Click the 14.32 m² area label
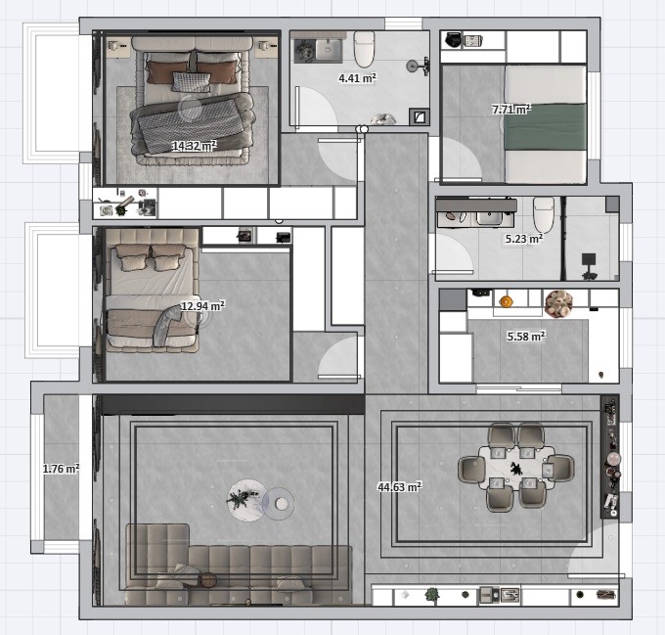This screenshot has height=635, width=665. click(195, 146)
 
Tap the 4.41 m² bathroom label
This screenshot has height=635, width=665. click(357, 78)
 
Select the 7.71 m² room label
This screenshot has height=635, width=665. click(511, 110)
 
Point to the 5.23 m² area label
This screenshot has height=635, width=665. click(524, 239)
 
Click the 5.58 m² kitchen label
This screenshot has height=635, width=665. click(526, 337)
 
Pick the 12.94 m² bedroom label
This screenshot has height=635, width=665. click(202, 306)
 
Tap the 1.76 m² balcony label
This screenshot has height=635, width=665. click(61, 469)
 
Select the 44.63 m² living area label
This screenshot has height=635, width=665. click(400, 486)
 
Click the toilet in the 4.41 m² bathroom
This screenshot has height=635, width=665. click(365, 49)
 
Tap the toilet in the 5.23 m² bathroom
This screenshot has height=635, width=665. click(544, 214)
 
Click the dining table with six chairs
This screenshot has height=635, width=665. click(516, 467)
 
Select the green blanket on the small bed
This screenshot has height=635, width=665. click(546, 127)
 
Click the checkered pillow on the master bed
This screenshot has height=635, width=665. click(192, 82)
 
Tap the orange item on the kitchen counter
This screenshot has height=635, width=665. click(506, 301)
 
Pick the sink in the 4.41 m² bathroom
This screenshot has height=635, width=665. click(328, 50)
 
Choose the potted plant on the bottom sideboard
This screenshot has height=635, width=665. click(432, 594)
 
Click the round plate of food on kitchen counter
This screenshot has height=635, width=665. click(558, 303)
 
